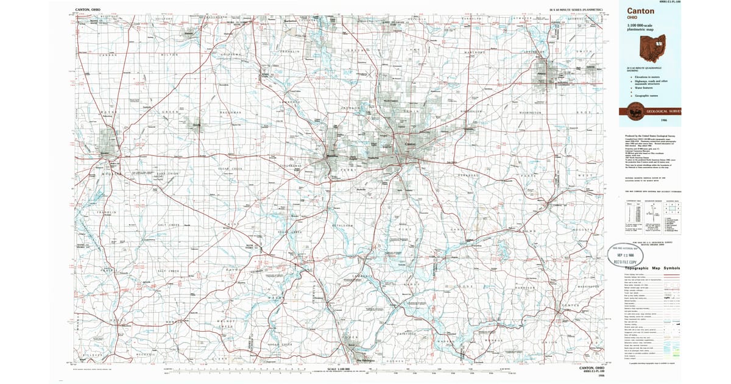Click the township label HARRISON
[x=524, y=286]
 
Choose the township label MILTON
[x=169, y=55]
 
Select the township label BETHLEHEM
[x=342, y=226]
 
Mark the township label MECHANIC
[x=144, y=354]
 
